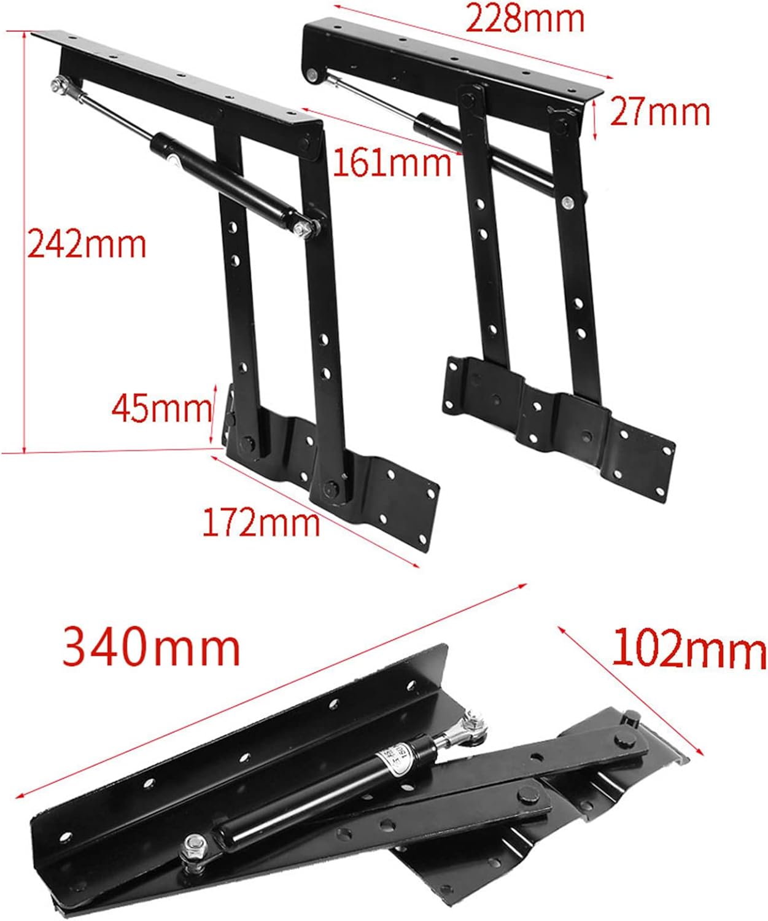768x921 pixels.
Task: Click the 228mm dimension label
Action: coord(524,18)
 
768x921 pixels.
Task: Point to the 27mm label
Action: coord(660,112)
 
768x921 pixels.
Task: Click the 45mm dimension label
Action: coord(161,408)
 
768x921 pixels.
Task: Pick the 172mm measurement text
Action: coord(261,523)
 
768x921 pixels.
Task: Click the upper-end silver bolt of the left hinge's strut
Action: coord(59,85)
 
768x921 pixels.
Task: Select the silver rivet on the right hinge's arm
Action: coord(568,203)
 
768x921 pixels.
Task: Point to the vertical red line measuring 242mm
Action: coord(25,242)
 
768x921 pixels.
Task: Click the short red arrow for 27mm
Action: coord(595,120)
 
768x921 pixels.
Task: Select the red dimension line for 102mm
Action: coord(630,691)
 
